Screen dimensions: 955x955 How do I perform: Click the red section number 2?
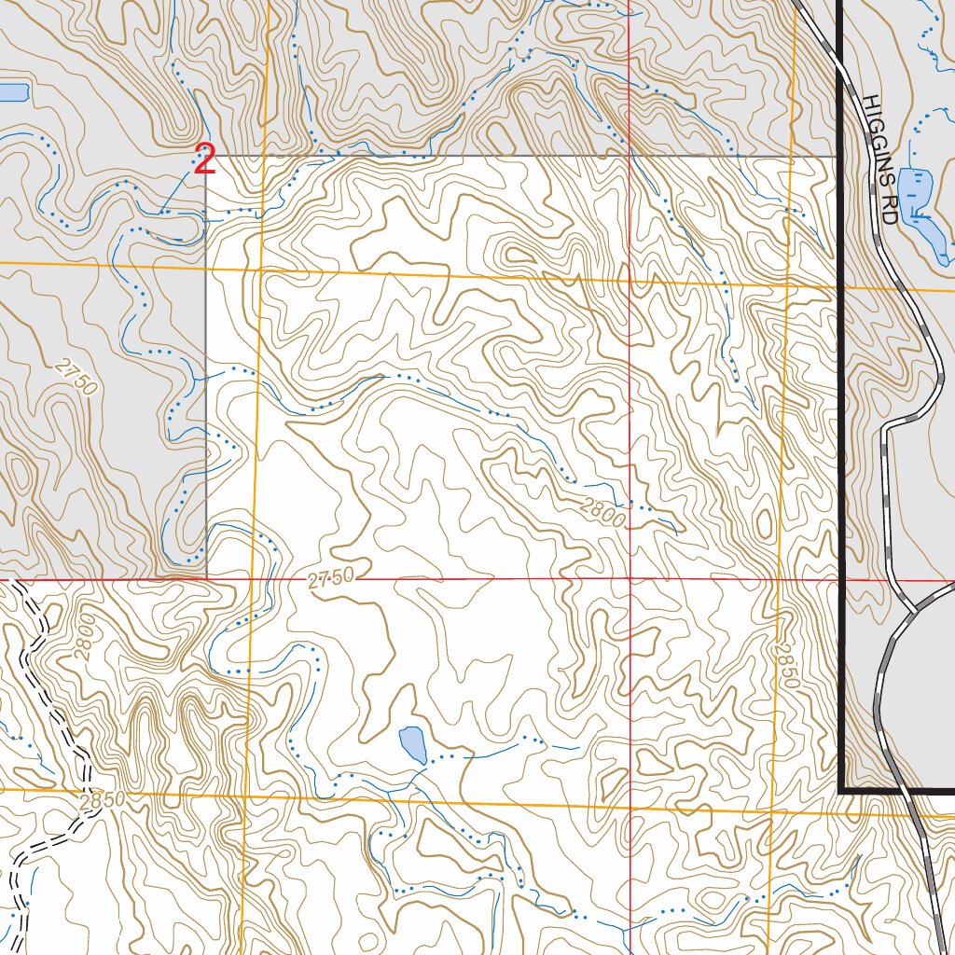click(205, 160)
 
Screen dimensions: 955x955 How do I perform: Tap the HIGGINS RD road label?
click(879, 159)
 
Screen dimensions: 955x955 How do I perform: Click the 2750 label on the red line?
click(331, 579)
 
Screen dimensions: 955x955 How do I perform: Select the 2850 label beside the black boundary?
click(786, 664)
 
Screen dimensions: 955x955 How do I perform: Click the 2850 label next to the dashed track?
click(102, 800)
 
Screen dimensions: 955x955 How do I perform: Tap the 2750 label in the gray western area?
click(76, 378)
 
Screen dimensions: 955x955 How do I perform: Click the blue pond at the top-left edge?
click(13, 92)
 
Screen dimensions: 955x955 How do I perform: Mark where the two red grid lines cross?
click(630, 579)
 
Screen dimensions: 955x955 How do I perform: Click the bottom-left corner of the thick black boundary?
click(842, 790)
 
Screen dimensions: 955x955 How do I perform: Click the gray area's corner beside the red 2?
click(206, 157)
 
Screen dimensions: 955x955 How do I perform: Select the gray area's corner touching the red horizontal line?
click(206, 578)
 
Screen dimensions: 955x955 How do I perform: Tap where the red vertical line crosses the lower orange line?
click(630, 802)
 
